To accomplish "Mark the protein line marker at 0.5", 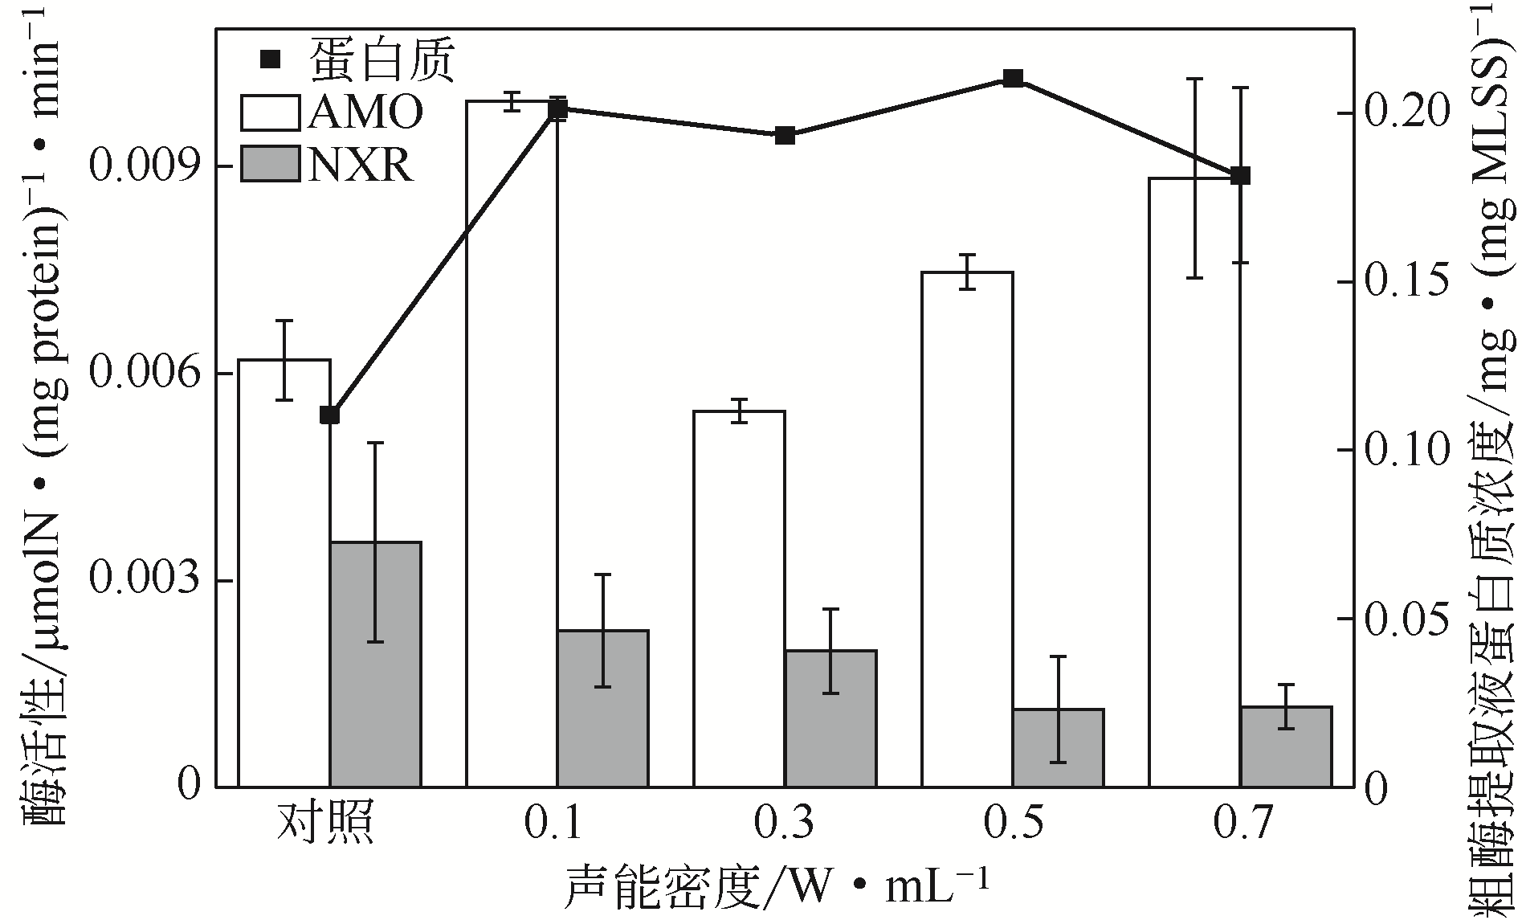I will pos(1013,79).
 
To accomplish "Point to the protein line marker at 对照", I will pos(329,415).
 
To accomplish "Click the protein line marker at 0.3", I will pos(785,135).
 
